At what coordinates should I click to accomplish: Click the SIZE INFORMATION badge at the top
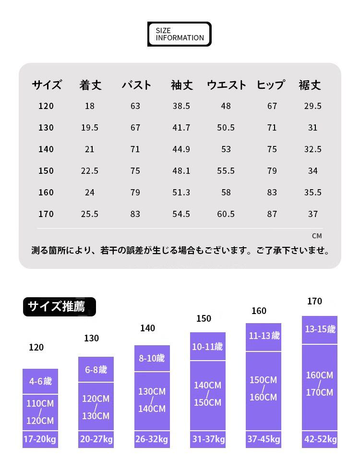coord(180,34)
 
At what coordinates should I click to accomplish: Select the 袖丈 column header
coord(182,85)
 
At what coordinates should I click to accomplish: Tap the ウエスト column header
coord(227,85)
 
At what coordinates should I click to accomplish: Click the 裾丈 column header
coord(310,85)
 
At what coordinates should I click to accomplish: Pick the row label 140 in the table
coord(46,149)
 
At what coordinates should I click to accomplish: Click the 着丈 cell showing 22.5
coord(90,171)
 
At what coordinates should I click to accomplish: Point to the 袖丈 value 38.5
coord(181,106)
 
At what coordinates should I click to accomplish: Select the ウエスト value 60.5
coord(226,214)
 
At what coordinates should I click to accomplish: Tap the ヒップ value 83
coord(272,193)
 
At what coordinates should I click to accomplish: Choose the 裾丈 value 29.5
coord(312,106)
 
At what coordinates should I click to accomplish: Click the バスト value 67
coord(135,128)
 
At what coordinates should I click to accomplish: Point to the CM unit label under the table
coord(317,236)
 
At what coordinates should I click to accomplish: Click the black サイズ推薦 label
coord(59,307)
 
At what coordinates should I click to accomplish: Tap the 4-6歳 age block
coord(40,382)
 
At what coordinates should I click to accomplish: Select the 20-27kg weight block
coord(96,439)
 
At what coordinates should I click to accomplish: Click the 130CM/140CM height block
coord(152,400)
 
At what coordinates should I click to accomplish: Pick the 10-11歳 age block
coord(207,347)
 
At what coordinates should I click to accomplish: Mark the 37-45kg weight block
coord(264,439)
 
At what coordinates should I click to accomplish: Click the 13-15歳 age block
coord(320,330)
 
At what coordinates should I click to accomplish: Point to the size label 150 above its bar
coord(204,318)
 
